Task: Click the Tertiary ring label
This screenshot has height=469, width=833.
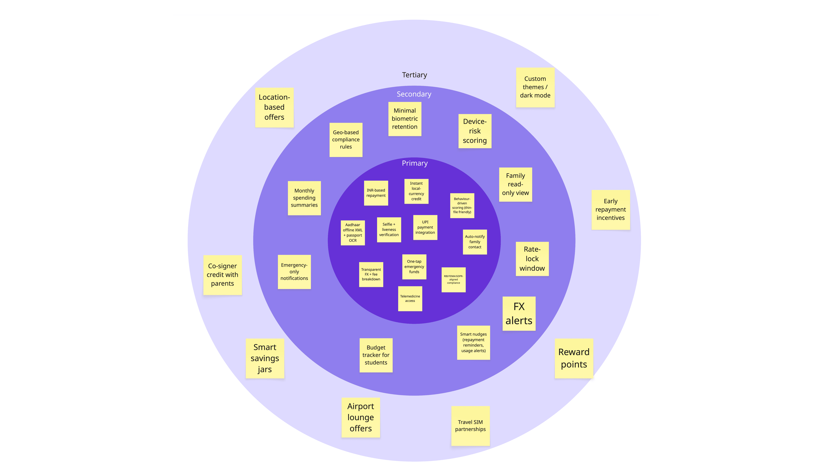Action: pos(414,75)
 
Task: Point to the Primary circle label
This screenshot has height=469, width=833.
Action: pos(415,163)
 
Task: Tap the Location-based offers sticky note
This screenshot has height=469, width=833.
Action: pos(274,107)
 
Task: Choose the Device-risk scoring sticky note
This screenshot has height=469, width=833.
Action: pos(475,131)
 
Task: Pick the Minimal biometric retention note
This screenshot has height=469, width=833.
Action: pos(405,119)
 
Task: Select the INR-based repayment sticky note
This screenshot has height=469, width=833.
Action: pos(376,193)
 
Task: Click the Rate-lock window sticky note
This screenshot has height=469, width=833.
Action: pos(532,259)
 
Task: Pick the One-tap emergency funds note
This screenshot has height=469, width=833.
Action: pos(414,267)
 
